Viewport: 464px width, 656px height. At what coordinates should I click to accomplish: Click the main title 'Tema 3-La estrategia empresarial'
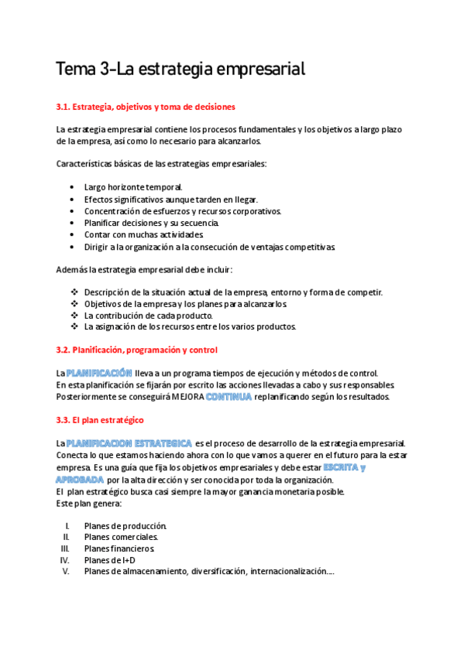point(181,70)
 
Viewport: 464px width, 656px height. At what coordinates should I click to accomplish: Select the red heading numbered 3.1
point(146,106)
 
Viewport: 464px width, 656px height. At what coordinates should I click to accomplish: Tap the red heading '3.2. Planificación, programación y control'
point(137,350)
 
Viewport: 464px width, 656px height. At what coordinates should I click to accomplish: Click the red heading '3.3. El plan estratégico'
point(105,420)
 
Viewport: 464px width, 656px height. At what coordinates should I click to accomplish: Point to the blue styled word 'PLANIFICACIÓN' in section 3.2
point(99,372)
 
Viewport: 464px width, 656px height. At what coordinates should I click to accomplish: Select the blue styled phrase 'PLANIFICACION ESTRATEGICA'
point(129,442)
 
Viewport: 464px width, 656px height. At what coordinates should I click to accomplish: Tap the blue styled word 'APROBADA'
point(80,480)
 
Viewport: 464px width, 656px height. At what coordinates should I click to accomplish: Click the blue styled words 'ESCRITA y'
point(345,467)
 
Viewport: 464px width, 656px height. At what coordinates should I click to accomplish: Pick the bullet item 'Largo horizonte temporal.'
point(133,187)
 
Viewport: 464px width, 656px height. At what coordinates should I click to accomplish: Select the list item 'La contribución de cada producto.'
point(148,315)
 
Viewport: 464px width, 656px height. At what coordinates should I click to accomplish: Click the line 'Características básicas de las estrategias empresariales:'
point(161,164)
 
